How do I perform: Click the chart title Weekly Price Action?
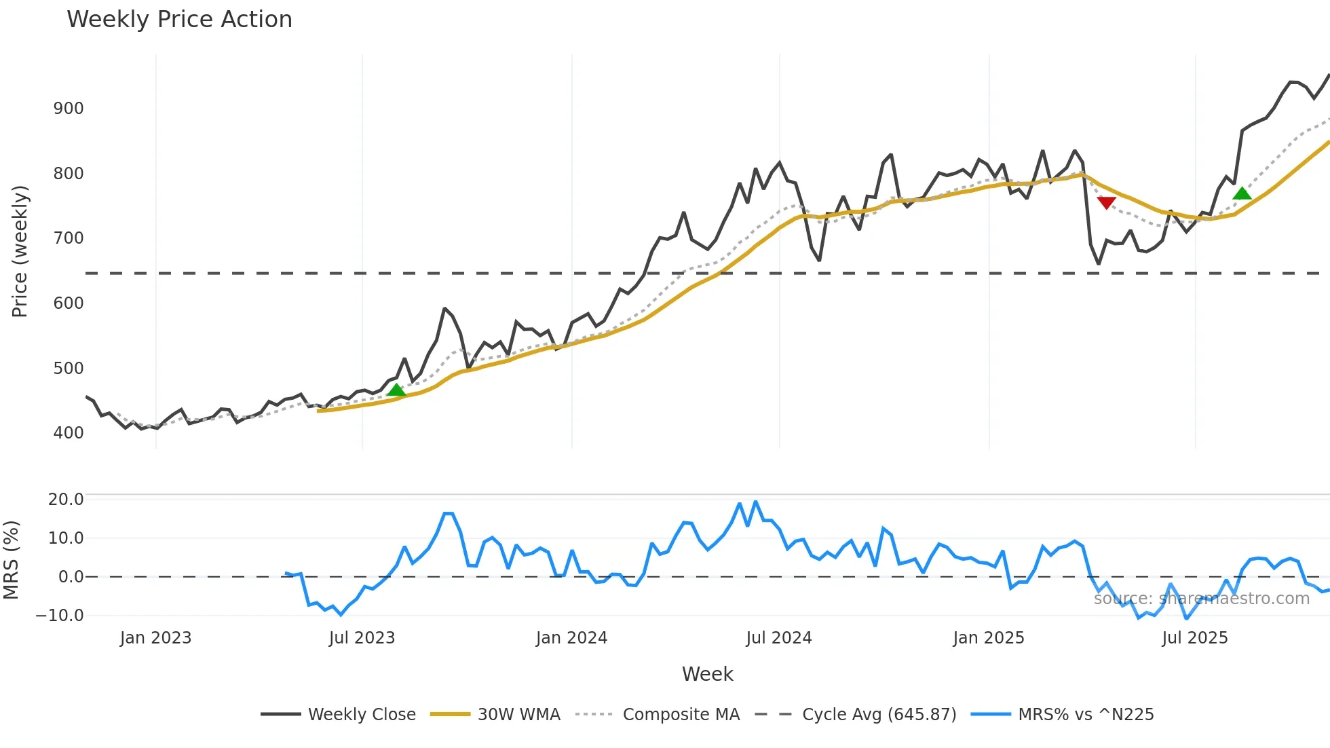pyautogui.click(x=179, y=20)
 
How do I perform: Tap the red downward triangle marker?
pyautogui.click(x=1106, y=202)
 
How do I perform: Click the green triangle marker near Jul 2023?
pyautogui.click(x=396, y=390)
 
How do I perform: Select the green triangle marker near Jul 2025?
pyautogui.click(x=1242, y=194)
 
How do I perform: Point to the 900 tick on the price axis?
pyautogui.click(x=69, y=109)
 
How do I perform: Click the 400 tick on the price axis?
pyautogui.click(x=69, y=433)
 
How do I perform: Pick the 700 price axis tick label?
pyautogui.click(x=69, y=238)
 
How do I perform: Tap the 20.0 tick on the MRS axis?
pyautogui.click(x=66, y=500)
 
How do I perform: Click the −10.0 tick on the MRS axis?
pyautogui.click(x=60, y=616)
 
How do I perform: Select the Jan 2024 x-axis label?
pyautogui.click(x=571, y=638)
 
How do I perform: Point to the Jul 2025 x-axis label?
pyautogui.click(x=1195, y=638)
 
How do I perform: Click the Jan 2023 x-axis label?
pyautogui.click(x=155, y=638)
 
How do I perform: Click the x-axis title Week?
pyautogui.click(x=707, y=674)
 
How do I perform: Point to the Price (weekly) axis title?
pyautogui.click(x=20, y=251)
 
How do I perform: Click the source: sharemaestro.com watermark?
pyautogui.click(x=1201, y=599)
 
